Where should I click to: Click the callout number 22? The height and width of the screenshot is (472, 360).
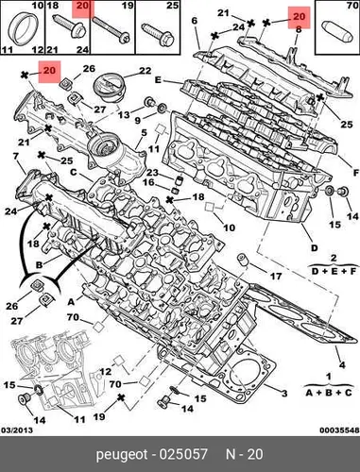click(146, 71)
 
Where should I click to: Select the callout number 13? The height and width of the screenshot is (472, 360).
click(124, 114)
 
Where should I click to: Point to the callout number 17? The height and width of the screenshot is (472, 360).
click(276, 277)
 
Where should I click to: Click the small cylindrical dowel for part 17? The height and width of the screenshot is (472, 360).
click(242, 259)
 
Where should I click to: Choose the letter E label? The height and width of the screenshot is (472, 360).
click(158, 80)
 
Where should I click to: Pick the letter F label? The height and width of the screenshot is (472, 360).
click(355, 173)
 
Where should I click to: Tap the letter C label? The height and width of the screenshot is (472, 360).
click(74, 172)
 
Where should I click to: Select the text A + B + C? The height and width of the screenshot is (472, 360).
click(328, 393)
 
